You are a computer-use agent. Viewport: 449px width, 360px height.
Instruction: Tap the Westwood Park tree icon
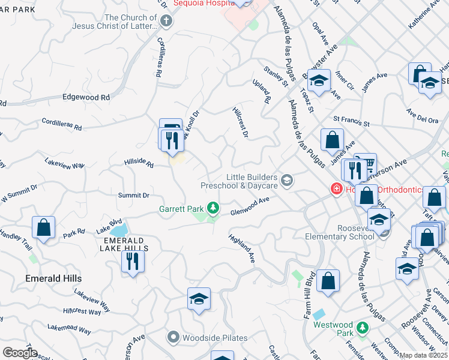coord(362,328)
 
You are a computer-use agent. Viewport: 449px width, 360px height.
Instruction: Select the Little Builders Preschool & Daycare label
coord(252,181)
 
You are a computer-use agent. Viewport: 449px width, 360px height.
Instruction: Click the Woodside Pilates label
coord(215,338)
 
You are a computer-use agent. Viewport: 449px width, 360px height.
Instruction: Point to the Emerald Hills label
coord(53,278)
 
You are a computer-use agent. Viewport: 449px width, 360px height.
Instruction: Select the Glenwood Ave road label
coord(249,209)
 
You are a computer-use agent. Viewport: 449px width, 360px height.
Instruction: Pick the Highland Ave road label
coord(243,248)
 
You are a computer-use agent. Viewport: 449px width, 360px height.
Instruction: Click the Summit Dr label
coord(133,196)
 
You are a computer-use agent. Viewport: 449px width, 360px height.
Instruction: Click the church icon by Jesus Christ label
coord(167,21)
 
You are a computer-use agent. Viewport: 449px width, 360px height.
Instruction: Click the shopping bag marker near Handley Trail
coord(44,227)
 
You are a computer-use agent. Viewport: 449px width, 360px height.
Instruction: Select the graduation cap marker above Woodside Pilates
coord(199,299)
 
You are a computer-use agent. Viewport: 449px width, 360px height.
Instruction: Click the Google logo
coord(20,353)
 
